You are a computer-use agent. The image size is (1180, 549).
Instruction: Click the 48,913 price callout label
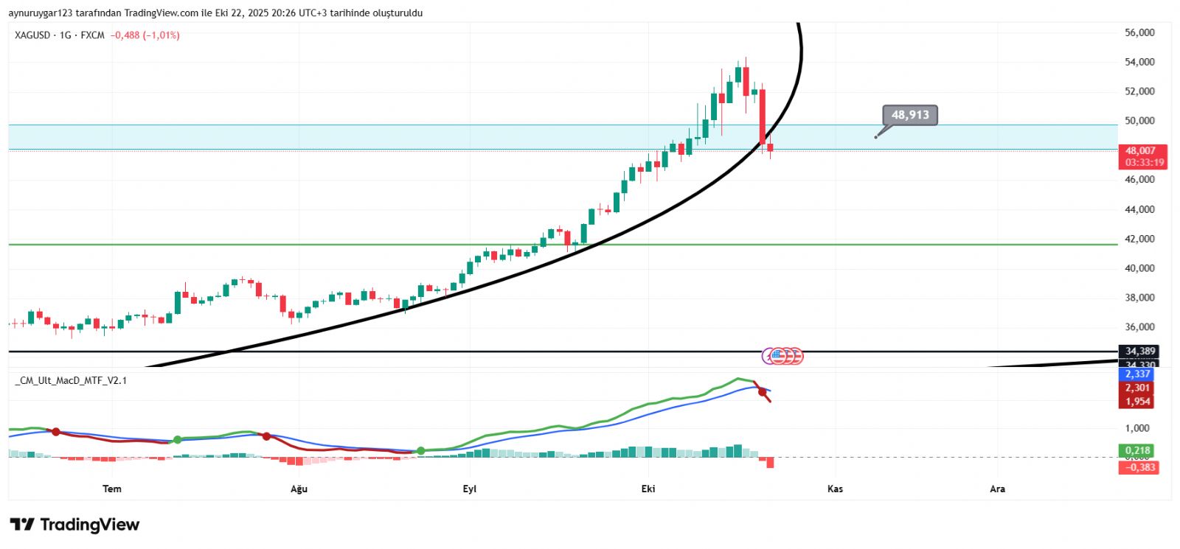[910, 115]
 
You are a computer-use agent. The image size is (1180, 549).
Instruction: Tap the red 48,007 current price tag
[1142, 150]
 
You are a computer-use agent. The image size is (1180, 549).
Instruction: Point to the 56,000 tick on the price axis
[1139, 32]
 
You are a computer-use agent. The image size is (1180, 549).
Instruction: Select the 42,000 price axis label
[1139, 239]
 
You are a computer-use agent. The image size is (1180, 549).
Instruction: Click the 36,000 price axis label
[1139, 327]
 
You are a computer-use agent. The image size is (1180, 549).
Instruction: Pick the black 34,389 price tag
[1139, 351]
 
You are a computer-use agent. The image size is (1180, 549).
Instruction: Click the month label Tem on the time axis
[112, 489]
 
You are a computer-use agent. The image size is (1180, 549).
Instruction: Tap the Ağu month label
[299, 489]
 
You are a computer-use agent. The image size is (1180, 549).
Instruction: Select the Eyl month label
[470, 489]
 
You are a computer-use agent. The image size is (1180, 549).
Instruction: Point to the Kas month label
[835, 489]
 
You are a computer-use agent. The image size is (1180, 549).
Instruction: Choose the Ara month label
[997, 489]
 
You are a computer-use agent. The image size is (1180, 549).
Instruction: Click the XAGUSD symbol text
[32, 35]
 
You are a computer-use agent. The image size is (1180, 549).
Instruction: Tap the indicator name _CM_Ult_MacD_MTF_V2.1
[71, 380]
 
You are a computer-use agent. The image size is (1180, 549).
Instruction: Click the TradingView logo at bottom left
[74, 525]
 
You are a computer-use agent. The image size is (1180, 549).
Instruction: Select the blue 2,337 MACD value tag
[1137, 374]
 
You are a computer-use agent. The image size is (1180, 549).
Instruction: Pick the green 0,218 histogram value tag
[1137, 450]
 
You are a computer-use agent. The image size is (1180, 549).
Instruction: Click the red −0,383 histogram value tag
[1139, 467]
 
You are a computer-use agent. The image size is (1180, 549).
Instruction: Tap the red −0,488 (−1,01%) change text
[145, 35]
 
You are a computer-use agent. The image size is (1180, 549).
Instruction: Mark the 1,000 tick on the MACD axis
[1137, 428]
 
